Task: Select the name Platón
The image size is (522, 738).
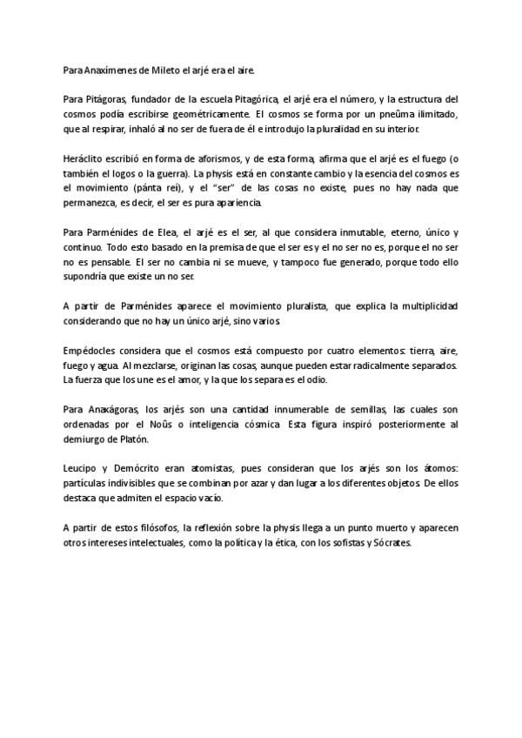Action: (133, 439)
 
